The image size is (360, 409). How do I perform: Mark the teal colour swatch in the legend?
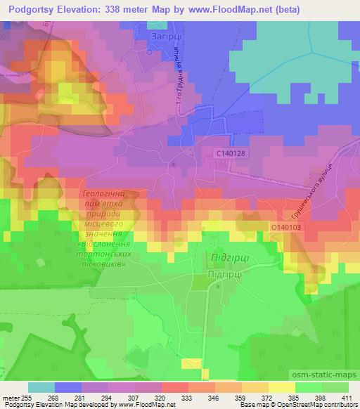[41, 387]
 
